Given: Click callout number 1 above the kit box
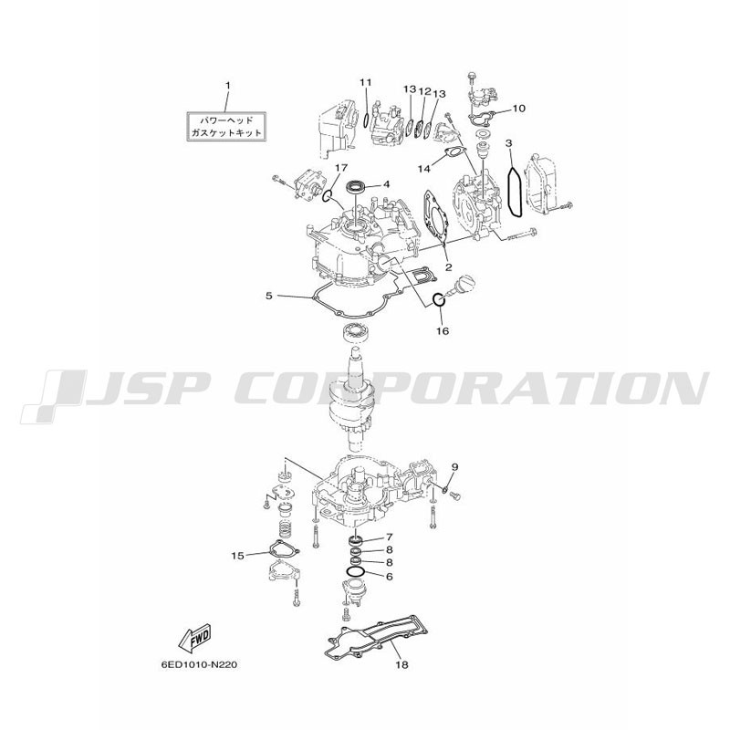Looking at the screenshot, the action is tap(227, 86).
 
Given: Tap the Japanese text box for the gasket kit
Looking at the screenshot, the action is tap(226, 126).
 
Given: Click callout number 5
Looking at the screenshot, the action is tap(269, 296).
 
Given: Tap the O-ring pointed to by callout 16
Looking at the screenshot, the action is tap(439, 300).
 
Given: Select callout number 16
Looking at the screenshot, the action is tap(443, 331).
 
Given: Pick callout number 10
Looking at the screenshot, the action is tap(518, 109).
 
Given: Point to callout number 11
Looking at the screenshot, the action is tap(366, 82).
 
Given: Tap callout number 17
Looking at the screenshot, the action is tap(340, 167).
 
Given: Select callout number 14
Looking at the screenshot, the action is tap(423, 169).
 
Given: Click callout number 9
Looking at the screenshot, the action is tap(454, 466).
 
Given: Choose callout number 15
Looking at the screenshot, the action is tap(237, 556).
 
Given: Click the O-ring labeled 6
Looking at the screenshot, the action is tap(354, 571).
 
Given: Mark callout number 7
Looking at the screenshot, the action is tap(390, 537).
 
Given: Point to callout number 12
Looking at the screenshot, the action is tap(424, 92).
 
